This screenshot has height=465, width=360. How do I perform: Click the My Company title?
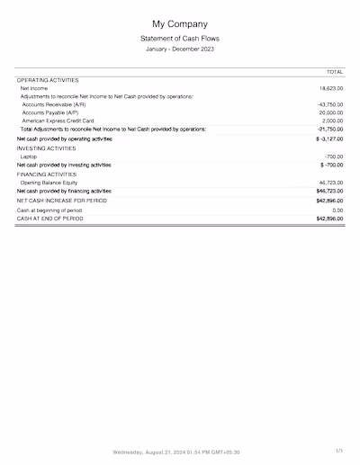(x=180, y=23)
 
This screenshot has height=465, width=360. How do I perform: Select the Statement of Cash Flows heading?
(x=180, y=39)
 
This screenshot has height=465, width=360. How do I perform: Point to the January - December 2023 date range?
(x=180, y=49)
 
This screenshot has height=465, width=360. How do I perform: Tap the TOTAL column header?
(x=334, y=71)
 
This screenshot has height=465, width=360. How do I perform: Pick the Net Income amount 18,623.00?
(x=330, y=89)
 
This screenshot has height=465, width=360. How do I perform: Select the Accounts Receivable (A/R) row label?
(x=54, y=104)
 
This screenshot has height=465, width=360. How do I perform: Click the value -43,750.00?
(x=329, y=104)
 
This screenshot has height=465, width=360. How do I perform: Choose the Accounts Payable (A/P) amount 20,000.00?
(x=330, y=112)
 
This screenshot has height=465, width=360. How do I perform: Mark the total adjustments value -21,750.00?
(x=329, y=129)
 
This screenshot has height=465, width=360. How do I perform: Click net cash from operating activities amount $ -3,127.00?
(x=328, y=139)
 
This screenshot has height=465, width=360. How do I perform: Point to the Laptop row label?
(x=29, y=156)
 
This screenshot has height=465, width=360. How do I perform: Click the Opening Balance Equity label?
(x=51, y=183)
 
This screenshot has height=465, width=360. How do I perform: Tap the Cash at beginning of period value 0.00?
(x=337, y=210)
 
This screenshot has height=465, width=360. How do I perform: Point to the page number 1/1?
(x=338, y=451)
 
